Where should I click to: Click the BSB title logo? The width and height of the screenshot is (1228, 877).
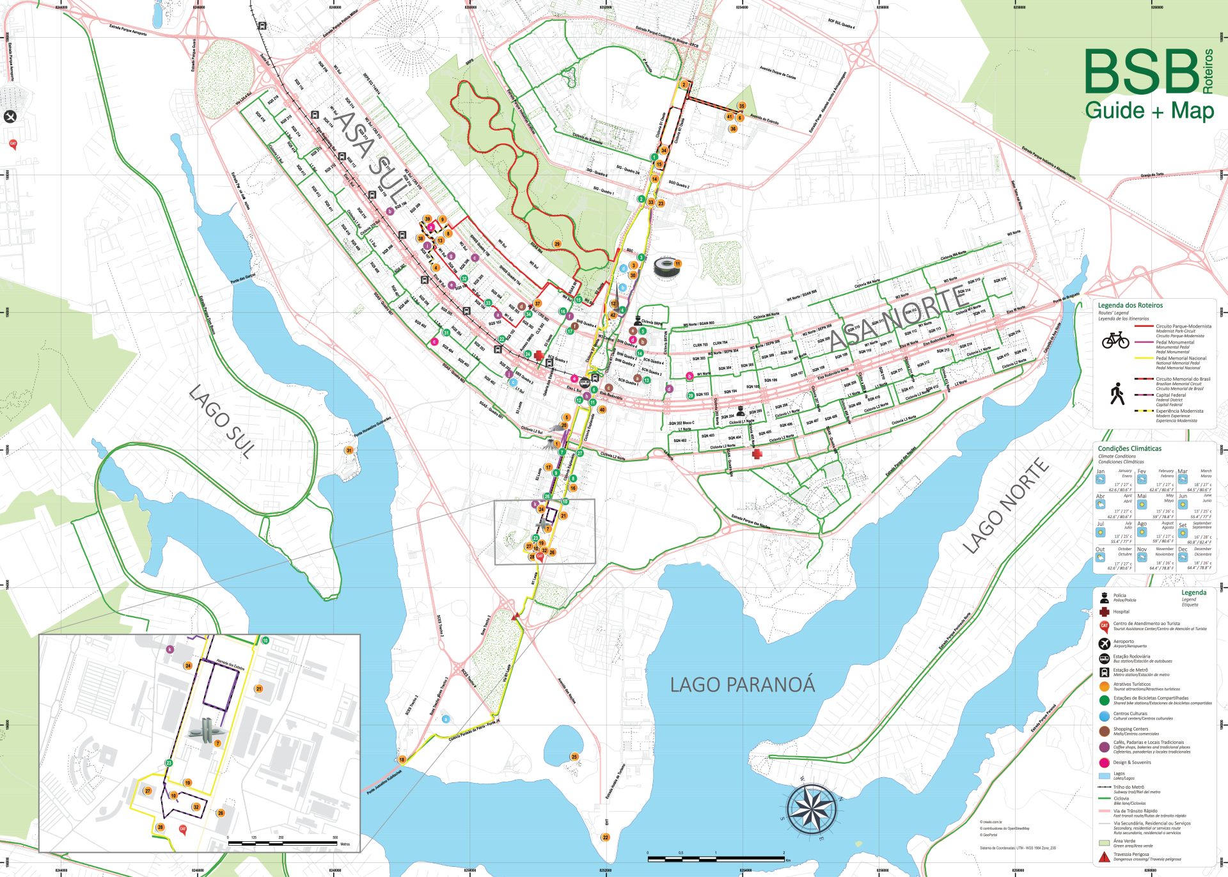1142,72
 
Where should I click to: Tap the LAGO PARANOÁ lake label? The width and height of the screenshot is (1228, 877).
742,685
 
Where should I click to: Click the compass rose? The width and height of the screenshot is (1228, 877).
812,809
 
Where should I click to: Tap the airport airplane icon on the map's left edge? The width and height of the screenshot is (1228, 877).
10,116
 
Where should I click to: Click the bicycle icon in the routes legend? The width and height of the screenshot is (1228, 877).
1115,340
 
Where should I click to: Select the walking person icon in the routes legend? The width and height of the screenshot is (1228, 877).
1117,394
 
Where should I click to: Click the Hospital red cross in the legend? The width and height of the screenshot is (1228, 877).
1104,612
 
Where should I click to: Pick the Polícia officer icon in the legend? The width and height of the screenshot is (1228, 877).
1104,597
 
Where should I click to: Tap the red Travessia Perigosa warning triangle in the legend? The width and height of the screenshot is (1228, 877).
1104,857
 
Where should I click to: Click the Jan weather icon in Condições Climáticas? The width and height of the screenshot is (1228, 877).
1101,479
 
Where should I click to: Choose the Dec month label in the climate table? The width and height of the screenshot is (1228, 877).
1183,549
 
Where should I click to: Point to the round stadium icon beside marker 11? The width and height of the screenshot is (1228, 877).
665,267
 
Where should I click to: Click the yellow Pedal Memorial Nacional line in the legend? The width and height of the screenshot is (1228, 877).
1144,358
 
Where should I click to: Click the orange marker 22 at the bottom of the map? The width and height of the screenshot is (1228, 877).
606,837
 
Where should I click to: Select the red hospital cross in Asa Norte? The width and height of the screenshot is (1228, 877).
757,454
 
